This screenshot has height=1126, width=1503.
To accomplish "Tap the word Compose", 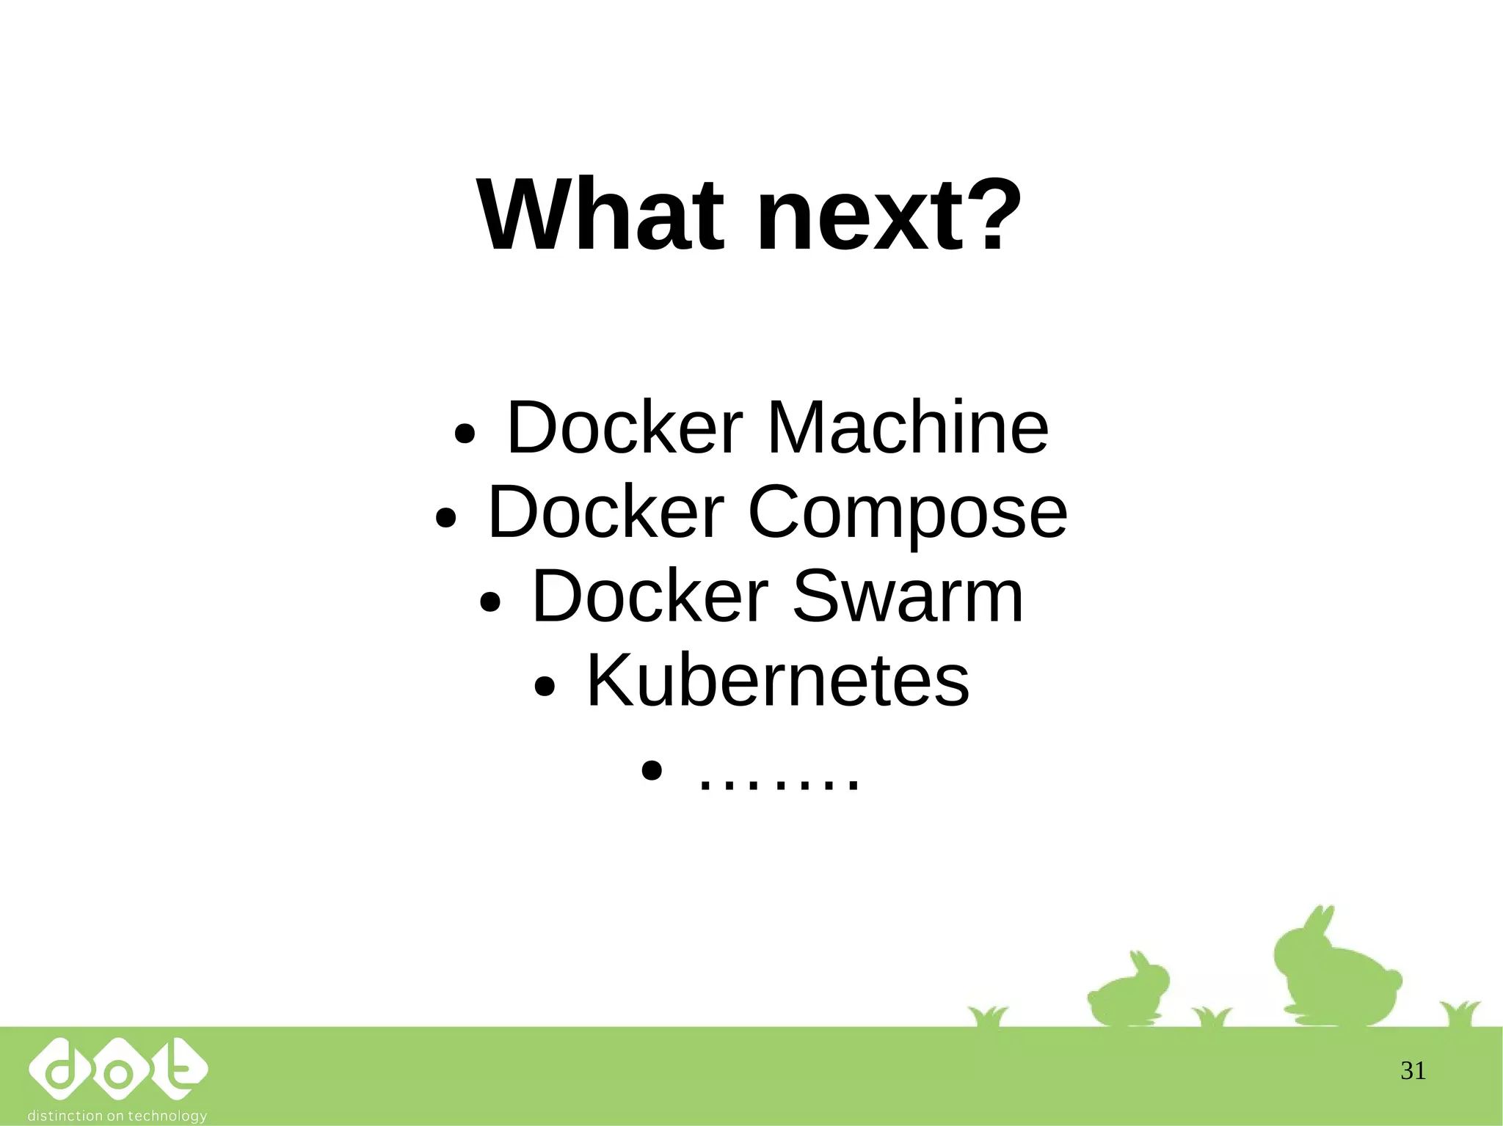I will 907,512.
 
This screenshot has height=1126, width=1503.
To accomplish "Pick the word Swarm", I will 908,596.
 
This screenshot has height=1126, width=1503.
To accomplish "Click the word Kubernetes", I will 778,681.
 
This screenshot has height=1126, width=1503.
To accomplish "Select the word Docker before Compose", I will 606,512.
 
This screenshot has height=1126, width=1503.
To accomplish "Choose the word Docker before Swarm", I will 649,596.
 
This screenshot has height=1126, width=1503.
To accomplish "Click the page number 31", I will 1413,1071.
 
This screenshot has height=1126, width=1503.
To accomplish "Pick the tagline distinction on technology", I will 117,1116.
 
